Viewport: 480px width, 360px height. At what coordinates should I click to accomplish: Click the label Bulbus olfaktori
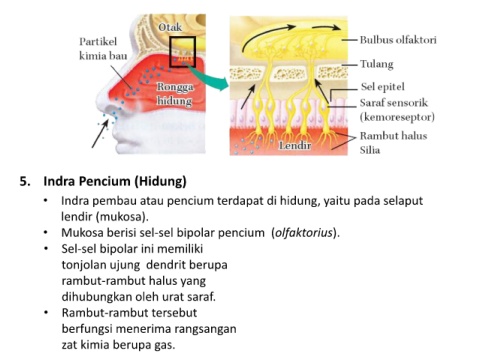coord(398,40)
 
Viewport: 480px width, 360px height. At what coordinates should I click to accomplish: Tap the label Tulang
coord(377,64)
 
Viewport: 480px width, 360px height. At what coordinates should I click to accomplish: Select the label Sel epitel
coord(383,87)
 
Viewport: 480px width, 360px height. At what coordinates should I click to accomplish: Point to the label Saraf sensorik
coord(394,103)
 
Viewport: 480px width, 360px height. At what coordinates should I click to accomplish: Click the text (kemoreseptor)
coord(397,117)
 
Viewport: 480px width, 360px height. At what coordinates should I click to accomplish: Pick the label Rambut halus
coord(393,136)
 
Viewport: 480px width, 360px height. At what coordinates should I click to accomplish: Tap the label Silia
coord(370,150)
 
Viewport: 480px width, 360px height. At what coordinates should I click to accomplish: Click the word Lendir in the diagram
coord(295,145)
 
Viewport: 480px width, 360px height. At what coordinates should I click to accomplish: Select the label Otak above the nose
coord(170,27)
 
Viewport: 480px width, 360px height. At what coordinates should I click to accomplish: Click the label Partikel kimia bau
coord(103,48)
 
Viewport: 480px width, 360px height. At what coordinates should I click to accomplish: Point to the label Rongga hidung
coord(175,94)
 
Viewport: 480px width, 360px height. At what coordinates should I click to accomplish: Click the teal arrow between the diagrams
coord(209,77)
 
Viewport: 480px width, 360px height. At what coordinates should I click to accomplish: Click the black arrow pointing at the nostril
coord(100,133)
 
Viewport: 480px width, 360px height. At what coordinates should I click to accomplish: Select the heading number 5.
coord(25,182)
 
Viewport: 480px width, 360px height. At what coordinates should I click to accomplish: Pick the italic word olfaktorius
coord(304,233)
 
